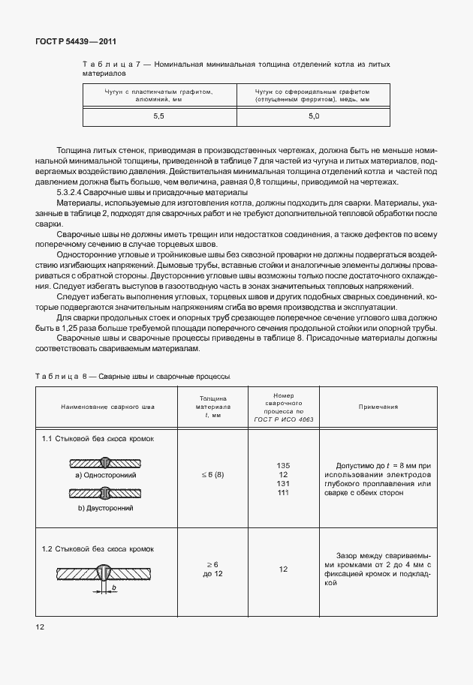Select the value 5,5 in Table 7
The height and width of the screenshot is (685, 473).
tap(158, 116)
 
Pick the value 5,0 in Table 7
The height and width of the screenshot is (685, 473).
tap(313, 116)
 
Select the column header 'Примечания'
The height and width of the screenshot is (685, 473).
tap(378, 407)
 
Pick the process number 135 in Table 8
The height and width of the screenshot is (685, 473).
tap(283, 466)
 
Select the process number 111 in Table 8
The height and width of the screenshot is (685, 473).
tap(283, 492)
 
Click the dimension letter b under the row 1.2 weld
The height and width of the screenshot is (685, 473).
tap(113, 587)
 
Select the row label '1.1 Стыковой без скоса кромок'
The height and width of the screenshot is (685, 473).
tap(98, 437)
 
